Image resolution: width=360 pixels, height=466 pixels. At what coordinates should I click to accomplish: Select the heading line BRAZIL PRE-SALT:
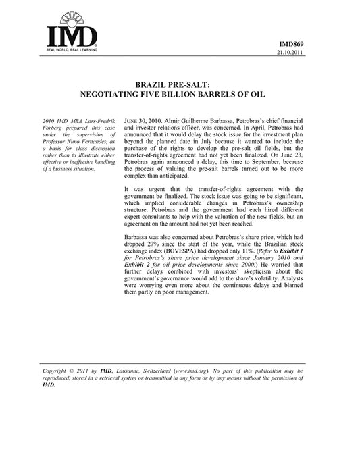tap(180, 86)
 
